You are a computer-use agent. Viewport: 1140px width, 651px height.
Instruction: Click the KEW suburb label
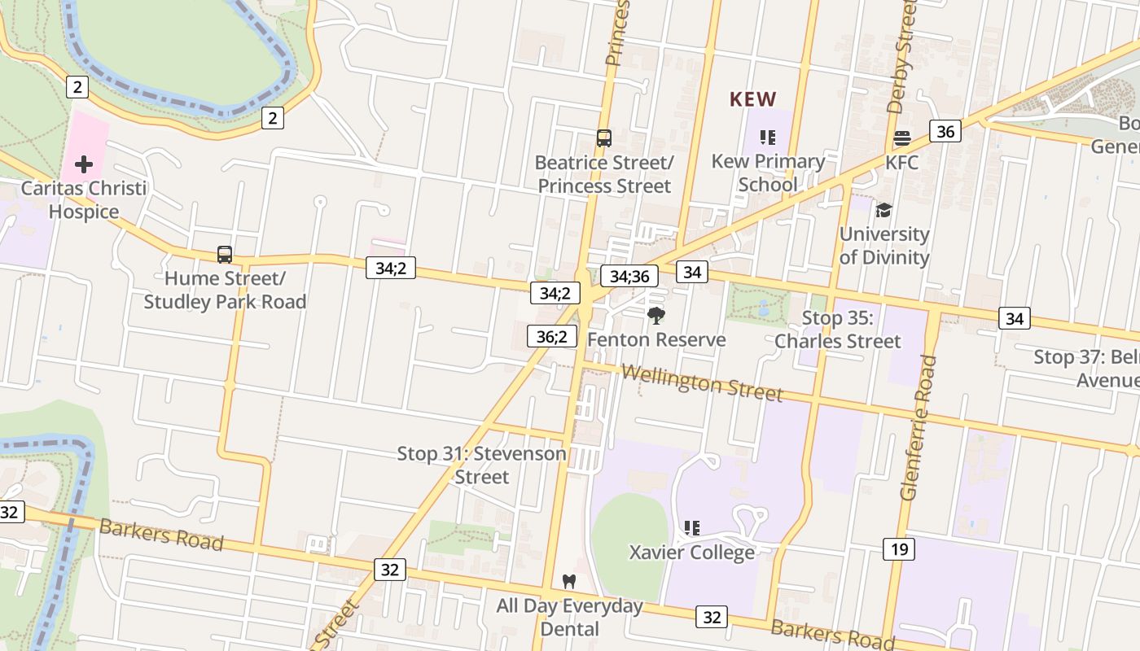click(752, 99)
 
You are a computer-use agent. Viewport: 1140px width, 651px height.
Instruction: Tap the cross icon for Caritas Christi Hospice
click(84, 165)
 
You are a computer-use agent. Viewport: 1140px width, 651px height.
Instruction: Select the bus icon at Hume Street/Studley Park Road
click(225, 255)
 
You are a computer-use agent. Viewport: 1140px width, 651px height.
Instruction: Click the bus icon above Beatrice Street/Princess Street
click(603, 138)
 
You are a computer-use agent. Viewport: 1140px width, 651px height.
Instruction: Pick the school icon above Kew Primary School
click(768, 138)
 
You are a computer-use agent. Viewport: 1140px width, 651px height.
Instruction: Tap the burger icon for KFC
click(901, 138)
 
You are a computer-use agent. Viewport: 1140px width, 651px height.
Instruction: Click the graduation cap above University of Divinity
click(883, 211)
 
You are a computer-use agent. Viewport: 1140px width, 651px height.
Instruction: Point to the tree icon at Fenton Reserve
click(655, 316)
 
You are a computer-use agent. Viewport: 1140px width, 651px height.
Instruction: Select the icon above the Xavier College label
click(692, 528)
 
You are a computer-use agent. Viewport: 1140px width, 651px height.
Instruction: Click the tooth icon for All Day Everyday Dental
click(569, 581)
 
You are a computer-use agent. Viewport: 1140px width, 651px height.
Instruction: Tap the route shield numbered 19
click(899, 549)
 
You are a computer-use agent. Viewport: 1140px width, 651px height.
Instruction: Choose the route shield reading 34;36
click(629, 276)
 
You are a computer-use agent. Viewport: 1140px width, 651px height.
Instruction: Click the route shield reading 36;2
click(552, 335)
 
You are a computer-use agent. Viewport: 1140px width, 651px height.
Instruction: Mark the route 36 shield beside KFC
click(945, 131)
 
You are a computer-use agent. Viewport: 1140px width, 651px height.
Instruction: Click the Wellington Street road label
click(702, 382)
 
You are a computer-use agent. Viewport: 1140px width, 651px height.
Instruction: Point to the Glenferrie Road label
click(916, 427)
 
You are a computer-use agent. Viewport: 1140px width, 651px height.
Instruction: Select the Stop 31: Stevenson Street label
click(481, 465)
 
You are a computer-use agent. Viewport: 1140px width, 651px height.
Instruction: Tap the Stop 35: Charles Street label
click(838, 330)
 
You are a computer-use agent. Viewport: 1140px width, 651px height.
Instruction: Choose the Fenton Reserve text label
click(656, 339)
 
